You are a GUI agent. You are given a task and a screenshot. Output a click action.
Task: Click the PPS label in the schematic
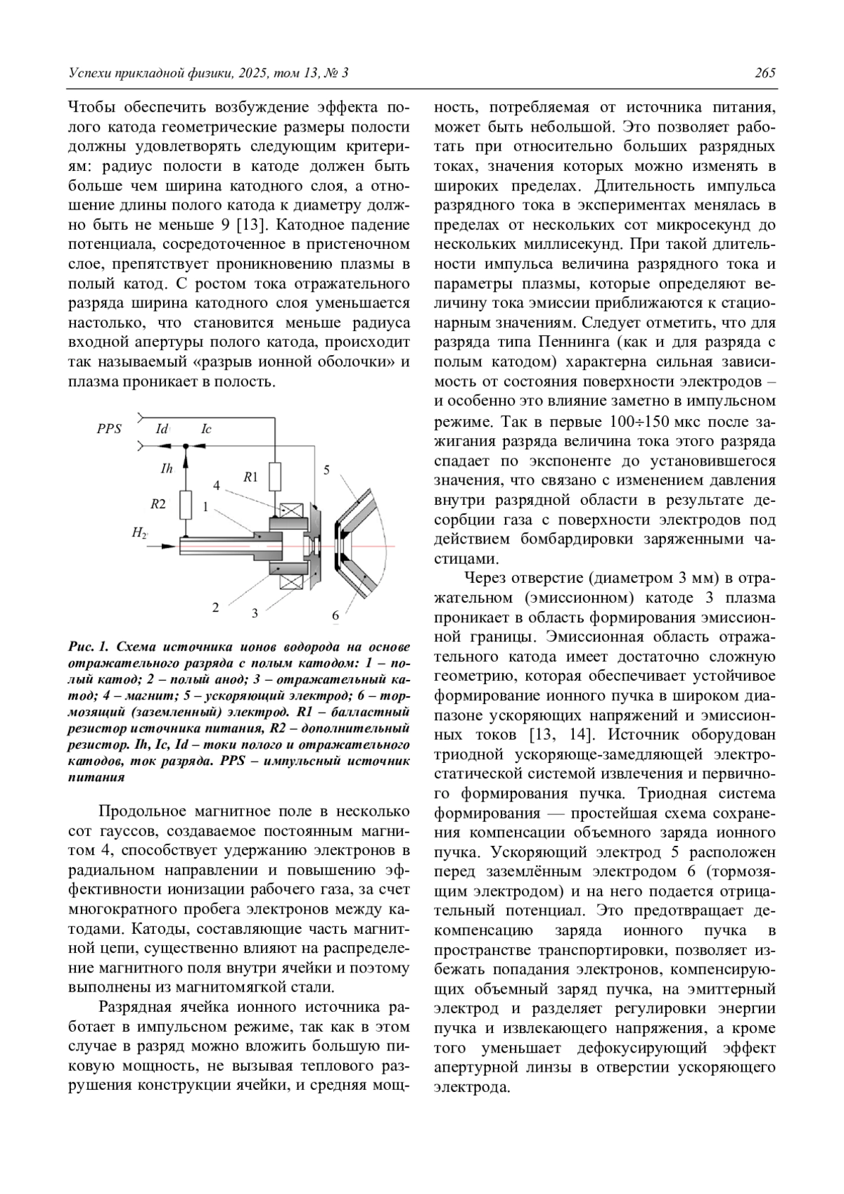point(109,428)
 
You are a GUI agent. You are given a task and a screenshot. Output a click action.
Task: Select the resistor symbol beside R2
point(186,503)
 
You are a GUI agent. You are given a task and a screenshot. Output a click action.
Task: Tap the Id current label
point(162,428)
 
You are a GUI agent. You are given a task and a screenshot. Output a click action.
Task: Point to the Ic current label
point(206,428)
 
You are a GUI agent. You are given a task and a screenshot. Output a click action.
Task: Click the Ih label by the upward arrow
point(167,468)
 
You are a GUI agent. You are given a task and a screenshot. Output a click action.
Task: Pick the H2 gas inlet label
point(139,533)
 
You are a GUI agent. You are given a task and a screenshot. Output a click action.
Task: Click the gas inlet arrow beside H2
point(163,546)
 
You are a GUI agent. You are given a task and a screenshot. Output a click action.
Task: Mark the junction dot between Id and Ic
point(186,446)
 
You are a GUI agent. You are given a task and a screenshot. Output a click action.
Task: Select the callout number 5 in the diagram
point(326,470)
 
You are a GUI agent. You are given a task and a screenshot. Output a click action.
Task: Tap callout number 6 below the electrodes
point(335,615)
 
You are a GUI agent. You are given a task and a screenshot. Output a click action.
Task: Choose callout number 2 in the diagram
point(216,607)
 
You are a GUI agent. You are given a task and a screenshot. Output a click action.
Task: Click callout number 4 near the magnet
point(217,486)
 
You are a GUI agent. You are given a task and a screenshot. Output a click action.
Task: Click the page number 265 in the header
point(765,73)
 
